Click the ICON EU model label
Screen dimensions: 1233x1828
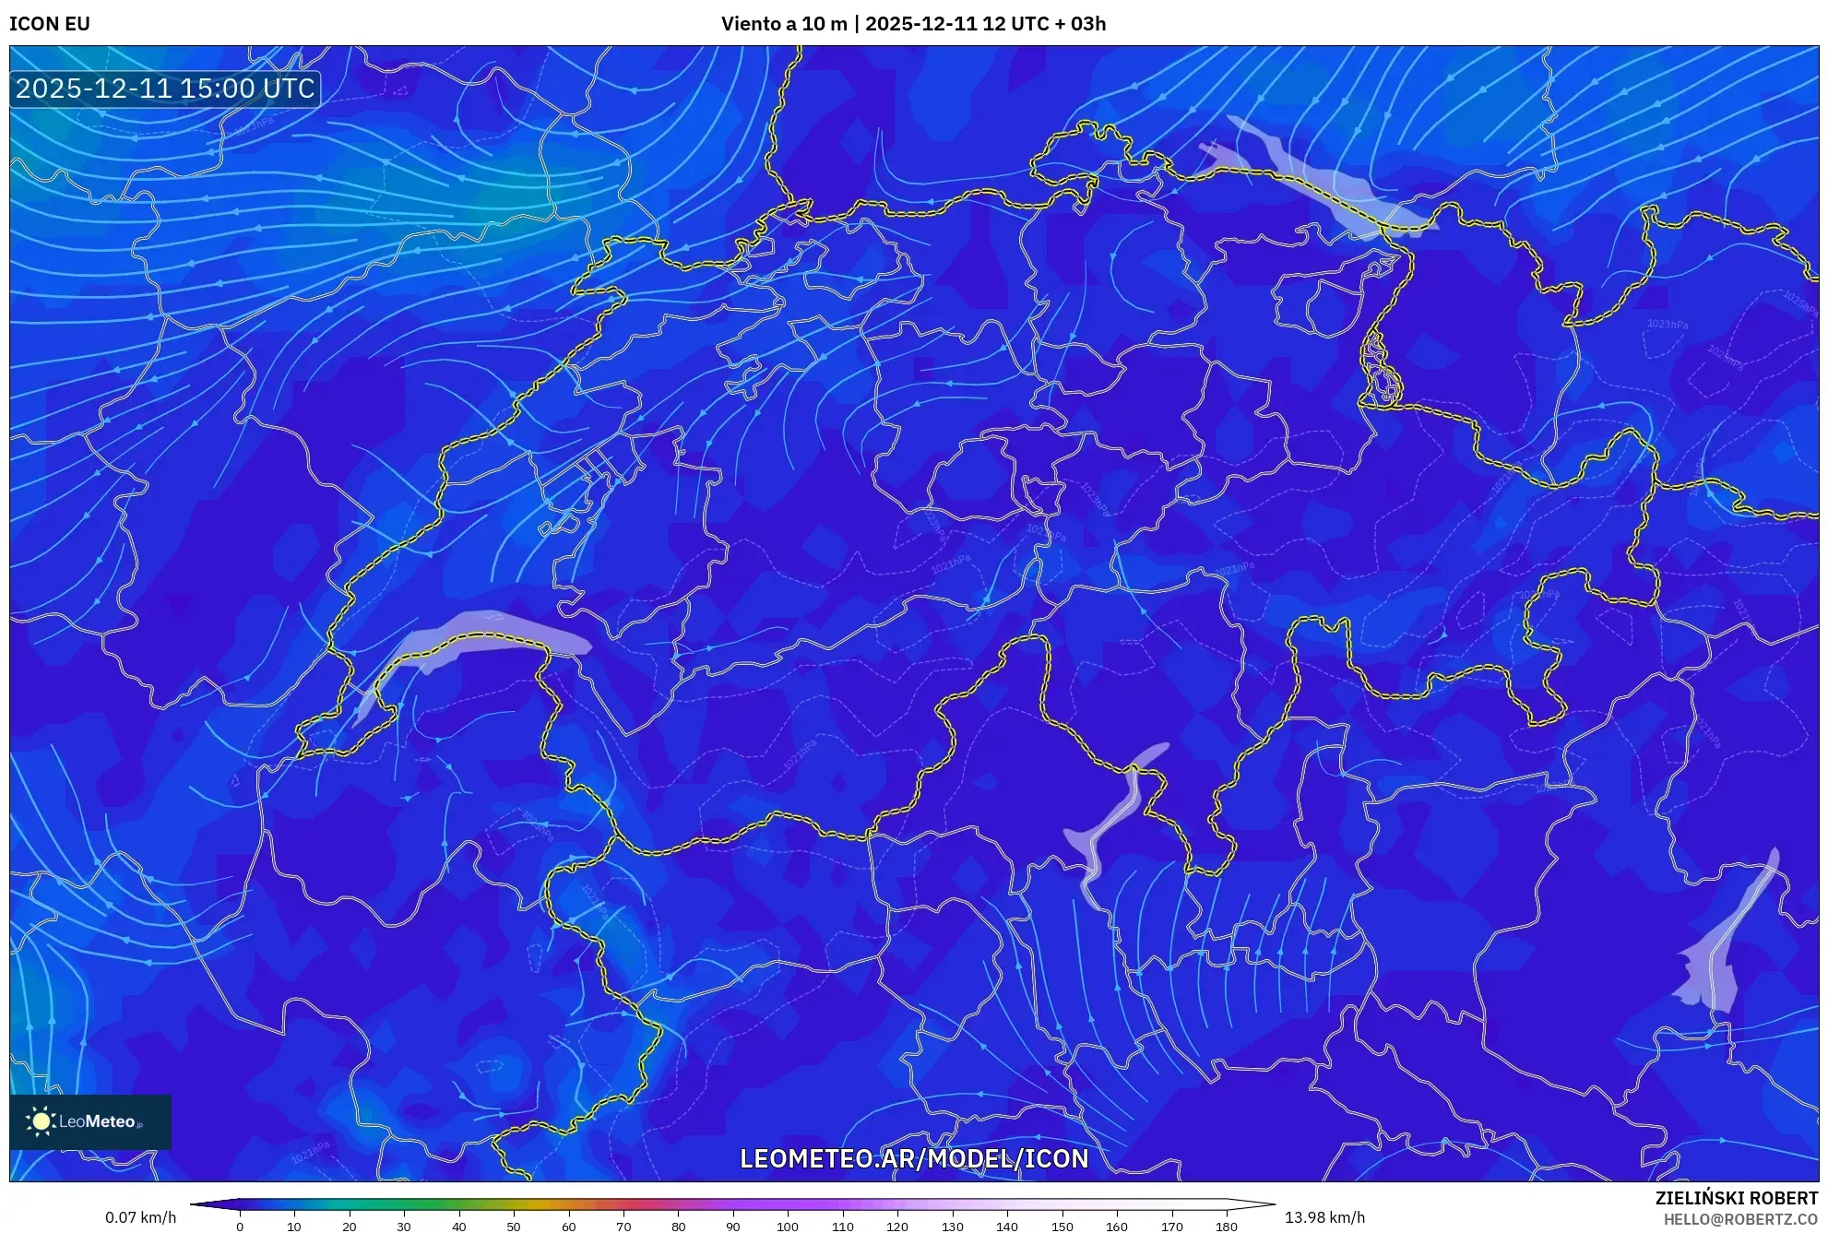(x=50, y=24)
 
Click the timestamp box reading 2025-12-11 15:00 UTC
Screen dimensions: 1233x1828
(x=165, y=89)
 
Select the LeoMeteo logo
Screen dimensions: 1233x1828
(x=90, y=1121)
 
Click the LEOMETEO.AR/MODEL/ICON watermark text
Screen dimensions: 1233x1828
(x=914, y=1158)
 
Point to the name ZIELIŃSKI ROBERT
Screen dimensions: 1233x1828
(x=1736, y=1198)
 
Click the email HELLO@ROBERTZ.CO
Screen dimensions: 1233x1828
(x=1740, y=1219)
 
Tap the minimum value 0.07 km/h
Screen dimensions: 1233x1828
(x=140, y=1217)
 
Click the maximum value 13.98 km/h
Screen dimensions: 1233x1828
(x=1324, y=1217)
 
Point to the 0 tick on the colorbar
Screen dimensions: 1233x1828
(x=240, y=1227)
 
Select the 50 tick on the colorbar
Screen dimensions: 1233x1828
(x=514, y=1227)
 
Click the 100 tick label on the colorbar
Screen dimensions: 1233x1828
(x=787, y=1227)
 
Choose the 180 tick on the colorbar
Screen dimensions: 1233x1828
(x=1226, y=1227)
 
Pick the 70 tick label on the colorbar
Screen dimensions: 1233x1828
(x=623, y=1227)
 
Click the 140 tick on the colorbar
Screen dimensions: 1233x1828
(x=1006, y=1227)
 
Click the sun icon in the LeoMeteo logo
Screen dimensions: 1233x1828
(x=41, y=1121)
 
